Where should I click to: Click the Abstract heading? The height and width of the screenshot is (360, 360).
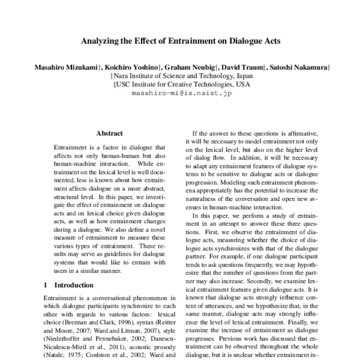tap(109, 133)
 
